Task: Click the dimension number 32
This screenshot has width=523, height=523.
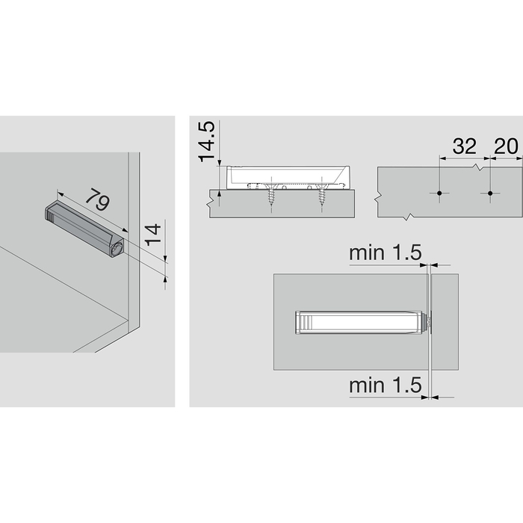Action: click(x=464, y=146)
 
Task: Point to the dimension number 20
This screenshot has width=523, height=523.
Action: click(x=506, y=146)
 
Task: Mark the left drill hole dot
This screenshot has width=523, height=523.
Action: click(x=440, y=194)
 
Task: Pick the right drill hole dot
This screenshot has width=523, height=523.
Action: click(x=490, y=194)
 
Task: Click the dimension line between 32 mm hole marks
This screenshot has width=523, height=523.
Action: click(x=464, y=158)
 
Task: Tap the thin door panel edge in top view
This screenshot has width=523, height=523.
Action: click(x=430, y=351)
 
